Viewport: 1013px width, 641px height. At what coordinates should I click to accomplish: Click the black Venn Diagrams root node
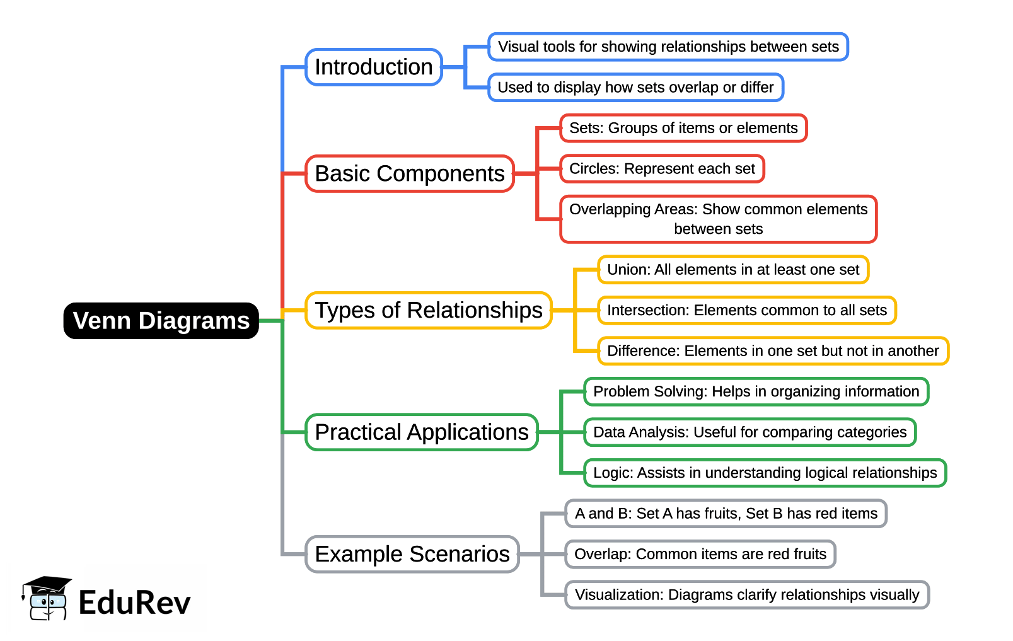coord(161,321)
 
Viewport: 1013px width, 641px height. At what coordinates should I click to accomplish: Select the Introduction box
coord(374,67)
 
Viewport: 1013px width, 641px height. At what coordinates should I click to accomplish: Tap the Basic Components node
coord(410,173)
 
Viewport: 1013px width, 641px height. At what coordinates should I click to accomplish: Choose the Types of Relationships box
coord(429,310)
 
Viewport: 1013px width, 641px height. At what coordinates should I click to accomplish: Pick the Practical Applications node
coord(422,432)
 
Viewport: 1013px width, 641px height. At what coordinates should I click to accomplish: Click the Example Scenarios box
coord(412,554)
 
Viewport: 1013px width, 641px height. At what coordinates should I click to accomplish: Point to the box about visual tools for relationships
coord(668,47)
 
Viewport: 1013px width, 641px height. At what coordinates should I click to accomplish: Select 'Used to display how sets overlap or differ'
coord(635,87)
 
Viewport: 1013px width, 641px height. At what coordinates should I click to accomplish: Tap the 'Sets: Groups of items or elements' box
coord(683,128)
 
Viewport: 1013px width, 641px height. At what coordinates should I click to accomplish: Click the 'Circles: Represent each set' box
coord(662,168)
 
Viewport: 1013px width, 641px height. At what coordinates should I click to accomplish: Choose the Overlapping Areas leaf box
coord(718,219)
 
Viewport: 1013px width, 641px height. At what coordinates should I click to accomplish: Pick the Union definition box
coord(733,270)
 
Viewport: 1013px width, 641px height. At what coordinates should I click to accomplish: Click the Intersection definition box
coord(747,310)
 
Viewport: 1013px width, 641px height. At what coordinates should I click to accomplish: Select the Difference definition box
coord(773,351)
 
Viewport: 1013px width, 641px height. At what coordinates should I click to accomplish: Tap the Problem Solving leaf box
coord(756,391)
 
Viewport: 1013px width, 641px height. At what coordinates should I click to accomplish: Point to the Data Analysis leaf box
coord(750,432)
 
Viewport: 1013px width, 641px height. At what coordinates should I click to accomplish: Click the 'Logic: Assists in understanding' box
coord(765,473)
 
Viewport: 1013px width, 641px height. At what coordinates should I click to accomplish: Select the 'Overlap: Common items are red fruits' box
coord(700,554)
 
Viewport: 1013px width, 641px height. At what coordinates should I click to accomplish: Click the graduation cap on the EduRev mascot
coord(47,584)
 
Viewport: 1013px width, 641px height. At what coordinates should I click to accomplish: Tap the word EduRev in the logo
coord(134,603)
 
